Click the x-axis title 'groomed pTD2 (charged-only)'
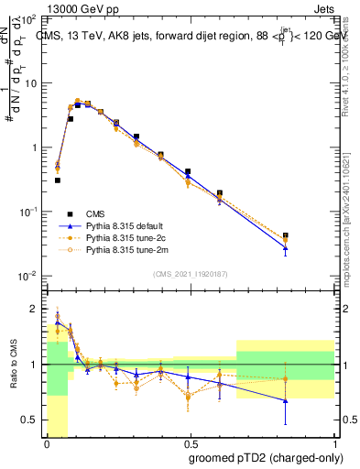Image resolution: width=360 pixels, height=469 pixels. tap(265, 457)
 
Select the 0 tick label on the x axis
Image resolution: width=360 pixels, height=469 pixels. tap(47, 444)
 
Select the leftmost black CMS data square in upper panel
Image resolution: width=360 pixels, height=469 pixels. tap(58, 180)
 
